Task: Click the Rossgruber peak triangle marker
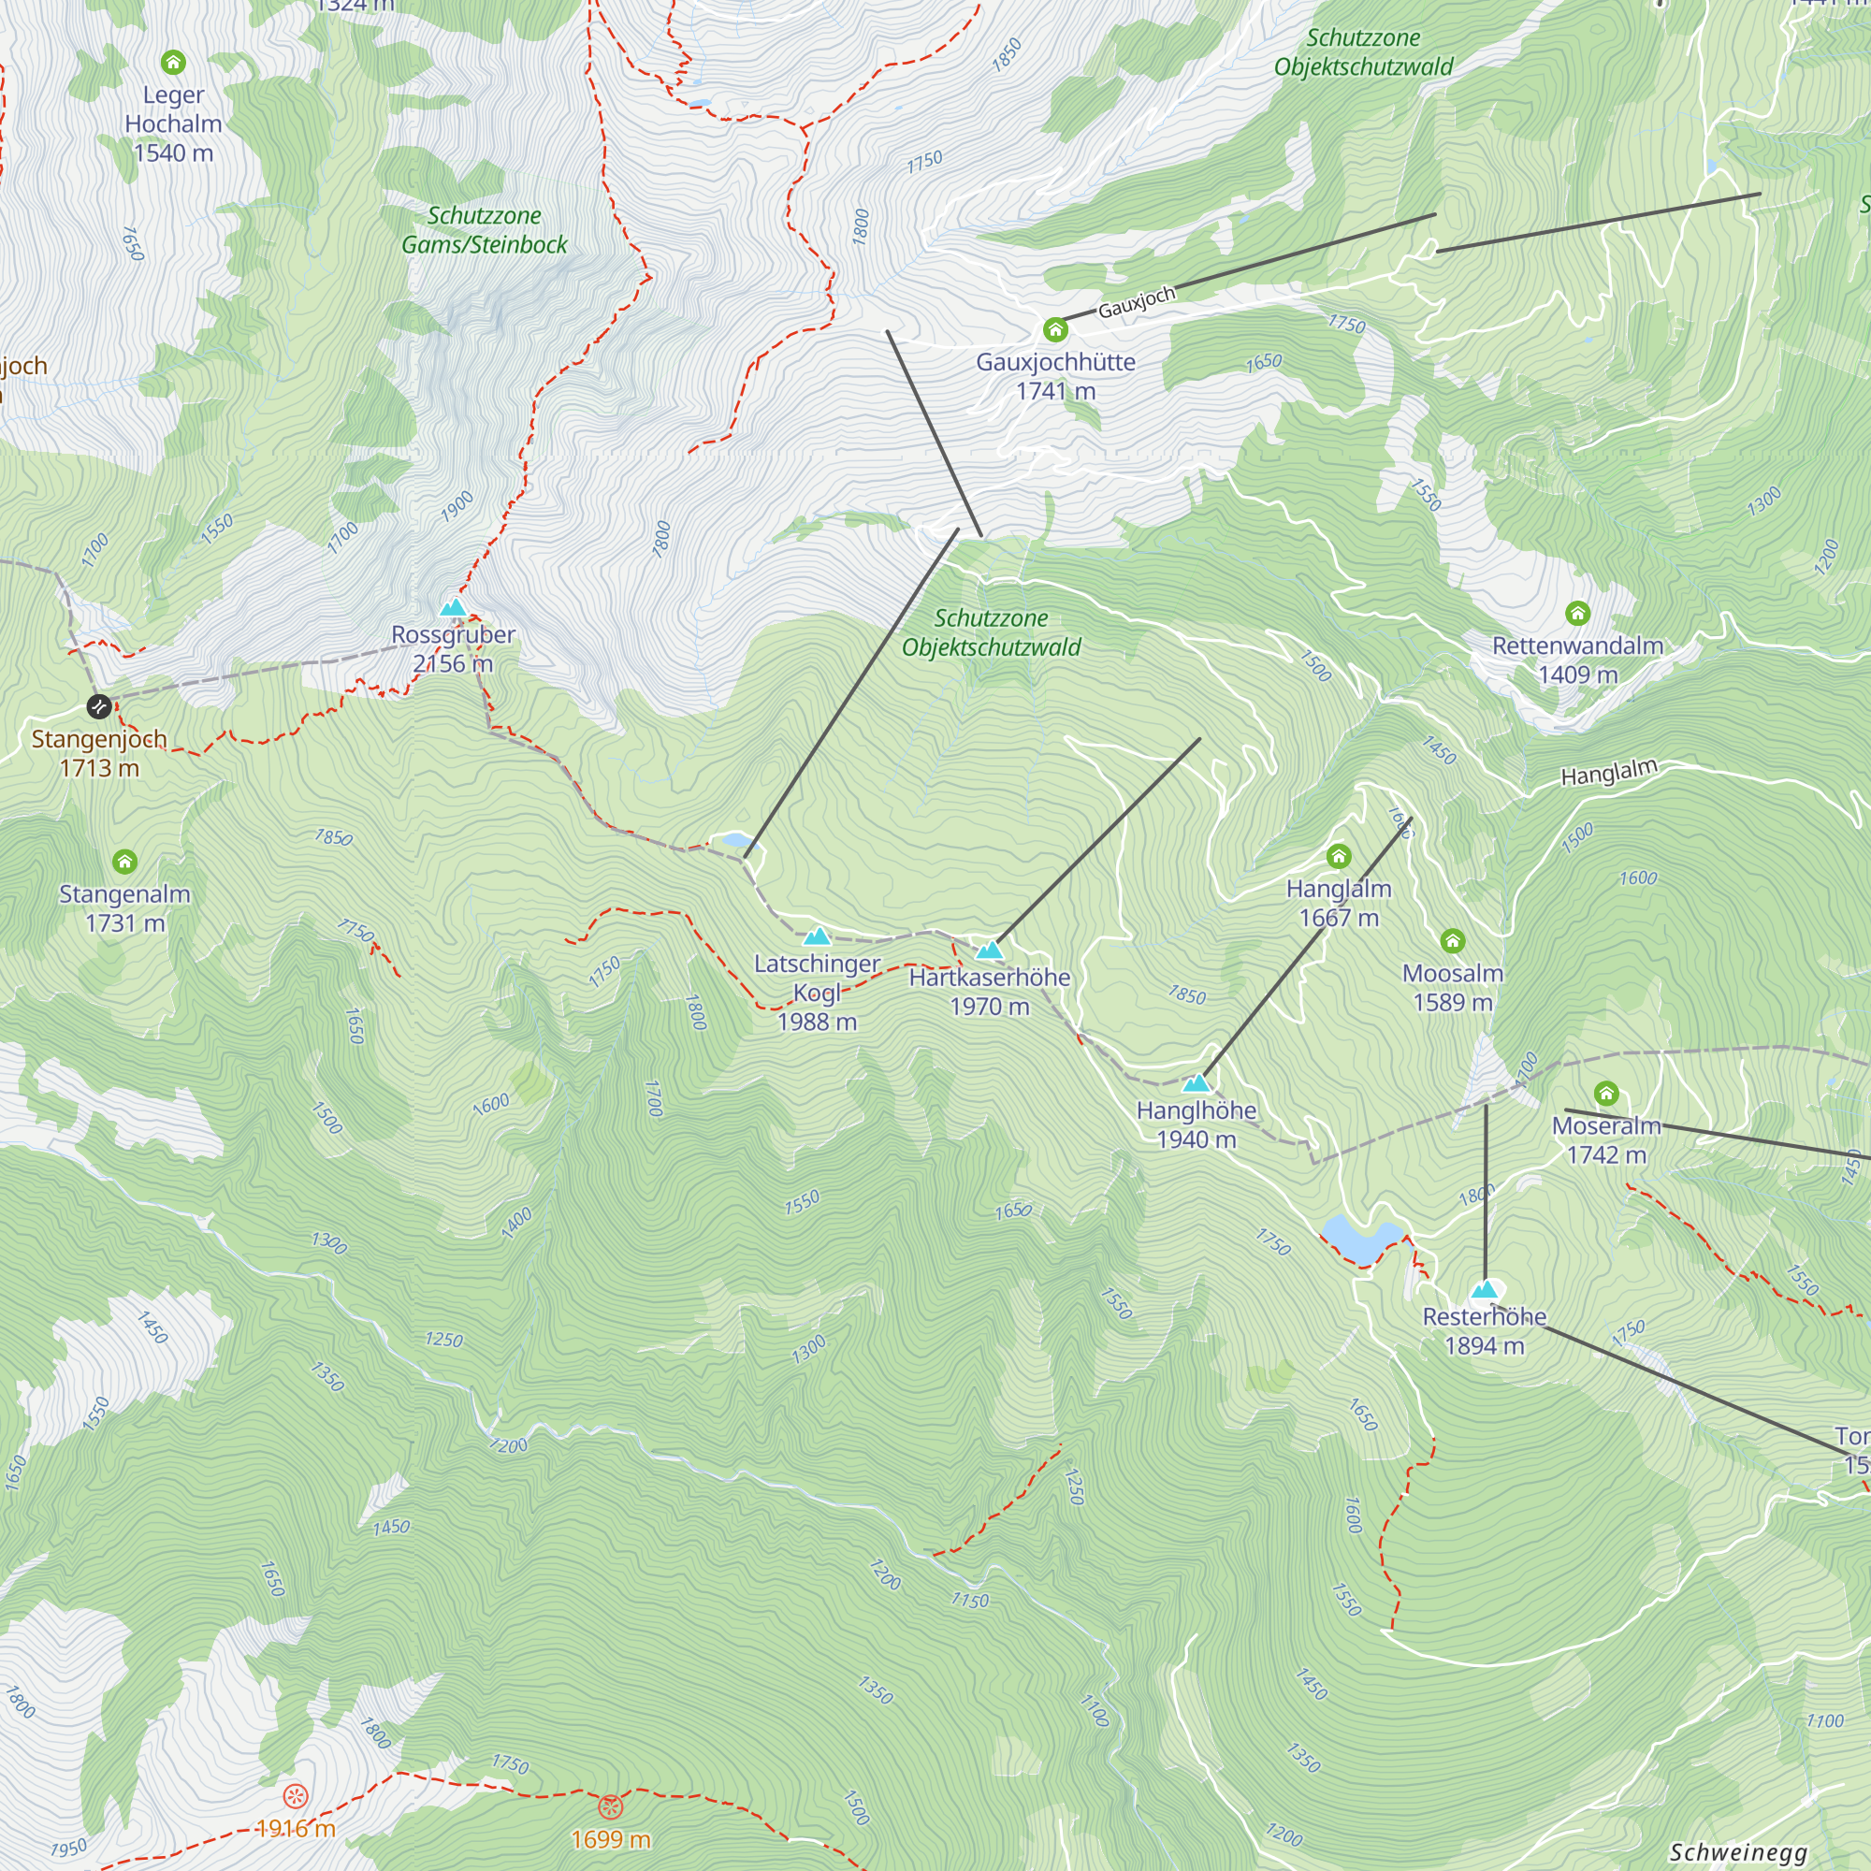pyautogui.click(x=453, y=608)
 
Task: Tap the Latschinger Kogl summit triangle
pyautogui.click(x=818, y=936)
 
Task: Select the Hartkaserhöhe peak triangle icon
pyautogui.click(x=988, y=950)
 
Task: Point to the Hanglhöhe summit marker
pyautogui.click(x=1197, y=1082)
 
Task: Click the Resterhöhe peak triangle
pyautogui.click(x=1485, y=1290)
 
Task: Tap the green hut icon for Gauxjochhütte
pyautogui.click(x=1055, y=330)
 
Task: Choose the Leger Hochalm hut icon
pyautogui.click(x=173, y=63)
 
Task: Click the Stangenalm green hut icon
pyautogui.click(x=124, y=862)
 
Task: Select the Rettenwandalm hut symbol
pyautogui.click(x=1577, y=613)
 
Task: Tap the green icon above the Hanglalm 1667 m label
pyautogui.click(x=1339, y=856)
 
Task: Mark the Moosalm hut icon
pyautogui.click(x=1453, y=941)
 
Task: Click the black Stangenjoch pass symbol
pyautogui.click(x=99, y=707)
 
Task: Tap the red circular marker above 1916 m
pyautogui.click(x=296, y=1796)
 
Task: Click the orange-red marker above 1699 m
pyautogui.click(x=610, y=1806)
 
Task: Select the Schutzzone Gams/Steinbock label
pyautogui.click(x=485, y=230)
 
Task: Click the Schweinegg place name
pyautogui.click(x=1737, y=1851)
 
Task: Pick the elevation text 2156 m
pyautogui.click(x=452, y=664)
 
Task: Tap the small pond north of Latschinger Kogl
pyautogui.click(x=733, y=840)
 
